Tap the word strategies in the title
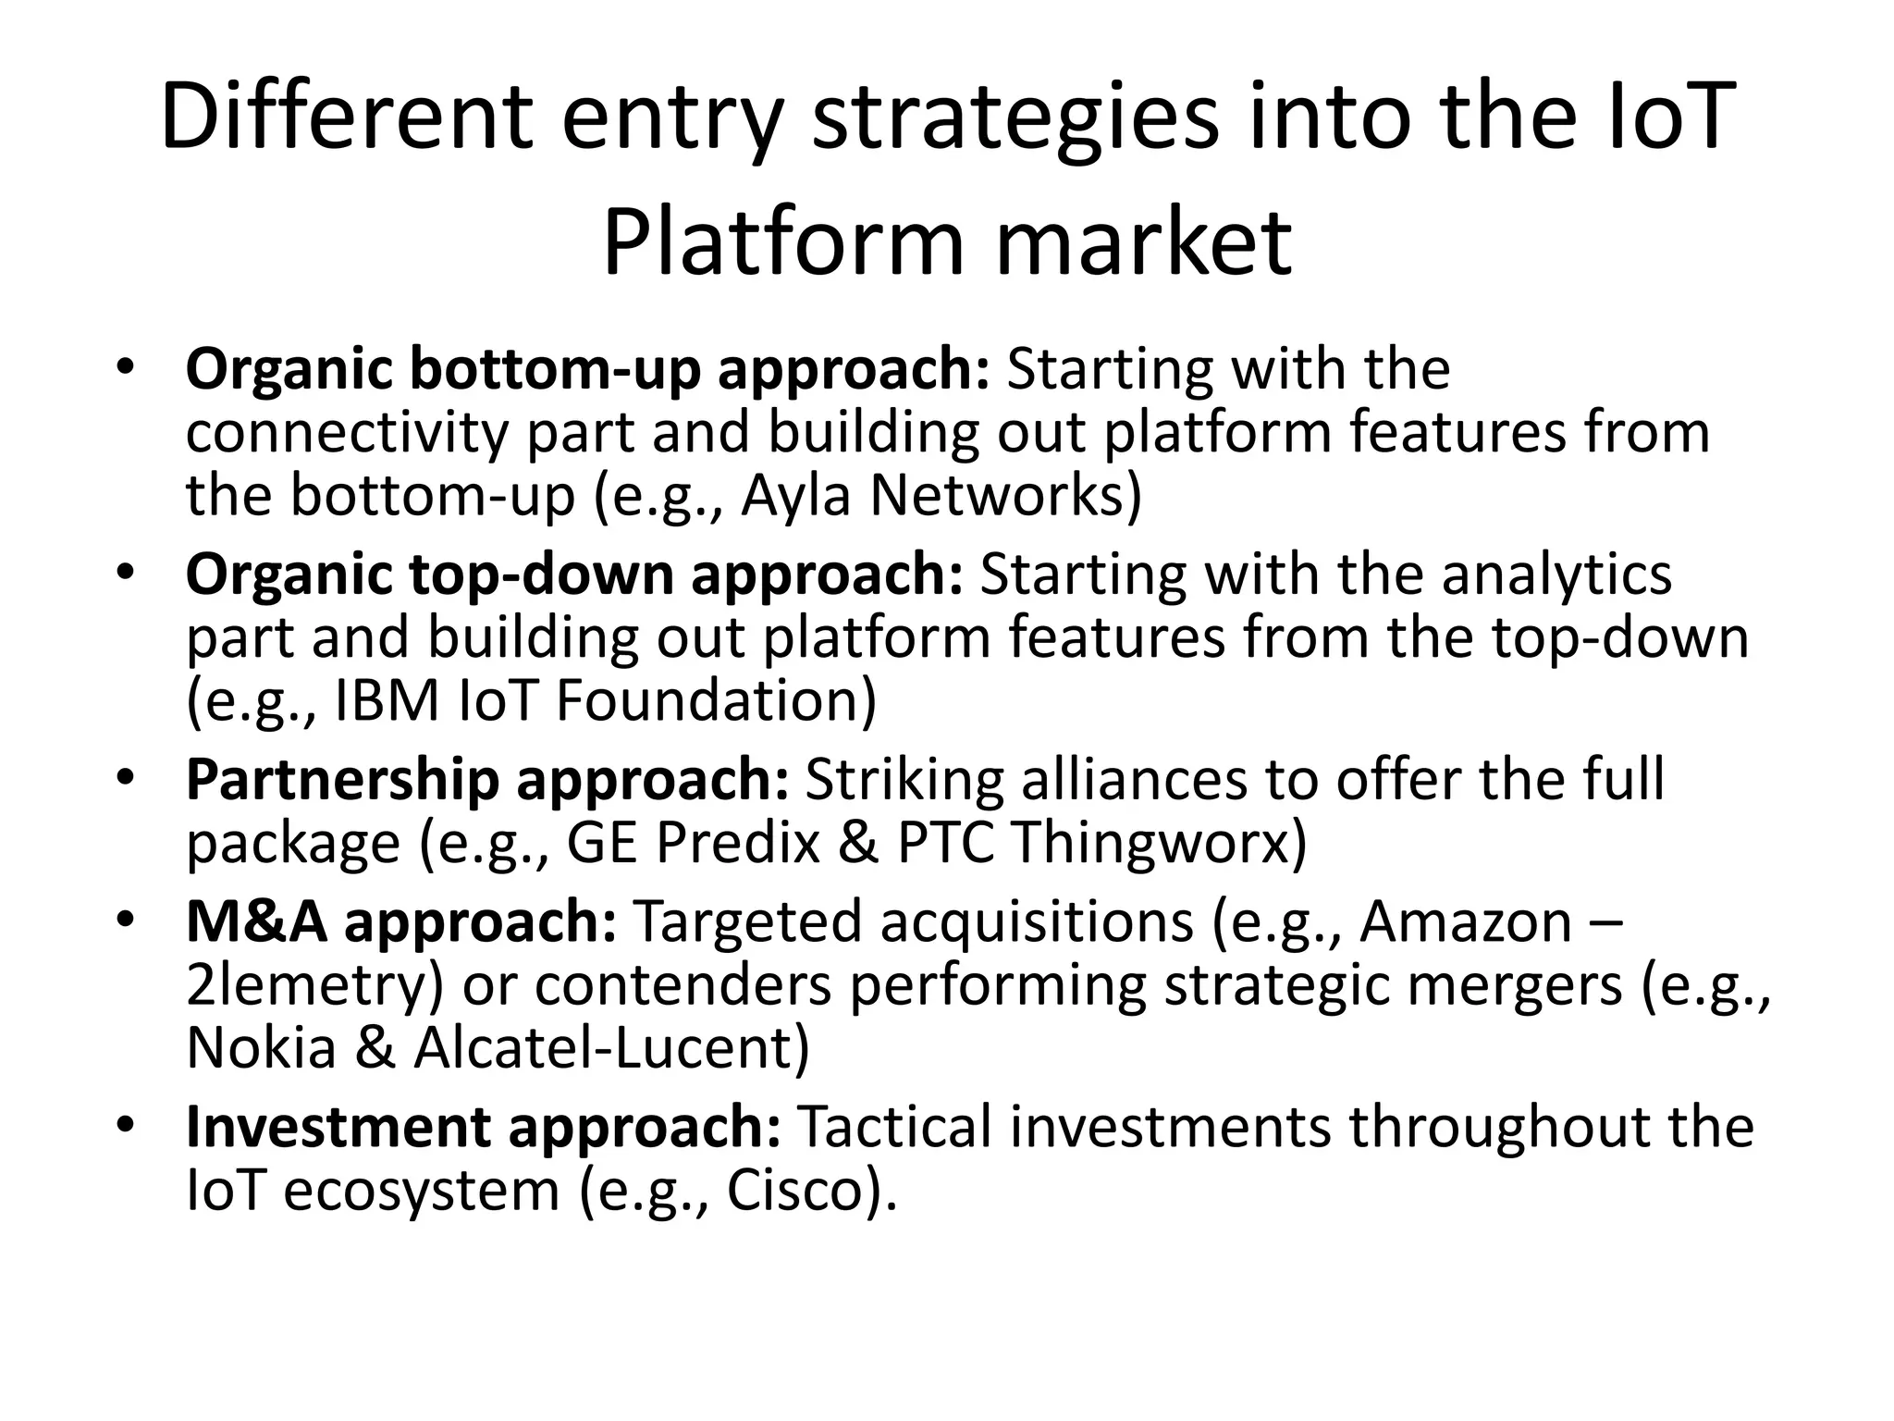coord(1015,117)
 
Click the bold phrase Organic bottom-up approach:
coord(588,370)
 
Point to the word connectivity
coord(347,433)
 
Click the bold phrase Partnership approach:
coord(487,780)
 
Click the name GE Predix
coord(693,843)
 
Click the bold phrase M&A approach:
coord(401,922)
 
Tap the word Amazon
coord(1465,922)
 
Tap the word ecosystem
coord(422,1191)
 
